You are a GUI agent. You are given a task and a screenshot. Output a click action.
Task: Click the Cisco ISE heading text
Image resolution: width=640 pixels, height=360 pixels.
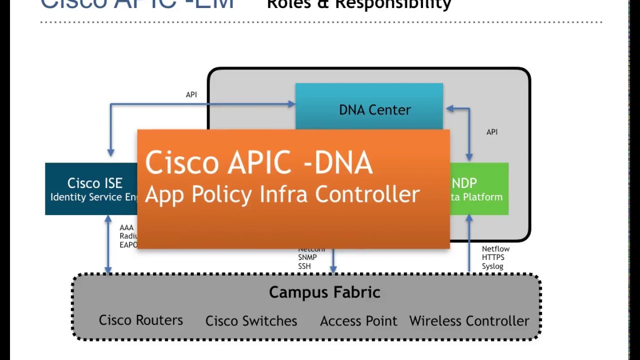coord(94,183)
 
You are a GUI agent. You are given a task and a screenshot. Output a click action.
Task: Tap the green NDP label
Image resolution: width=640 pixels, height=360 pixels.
coord(464,183)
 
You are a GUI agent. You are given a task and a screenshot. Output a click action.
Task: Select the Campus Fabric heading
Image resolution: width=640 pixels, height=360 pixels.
coord(324,292)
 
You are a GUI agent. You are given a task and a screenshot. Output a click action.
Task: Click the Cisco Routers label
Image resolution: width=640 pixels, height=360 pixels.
coord(140,320)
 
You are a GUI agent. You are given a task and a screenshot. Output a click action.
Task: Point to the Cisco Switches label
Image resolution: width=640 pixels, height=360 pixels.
coord(251,321)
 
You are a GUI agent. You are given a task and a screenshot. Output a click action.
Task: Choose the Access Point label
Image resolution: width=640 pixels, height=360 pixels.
coord(358,321)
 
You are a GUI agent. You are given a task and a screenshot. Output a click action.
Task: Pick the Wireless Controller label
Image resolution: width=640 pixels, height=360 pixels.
coord(469,321)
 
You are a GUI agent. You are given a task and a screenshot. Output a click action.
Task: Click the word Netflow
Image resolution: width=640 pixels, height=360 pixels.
coord(495,249)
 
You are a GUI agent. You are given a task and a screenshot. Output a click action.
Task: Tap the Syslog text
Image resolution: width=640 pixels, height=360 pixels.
coord(492,266)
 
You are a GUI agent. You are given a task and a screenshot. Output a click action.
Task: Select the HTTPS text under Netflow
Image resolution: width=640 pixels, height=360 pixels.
coord(493,257)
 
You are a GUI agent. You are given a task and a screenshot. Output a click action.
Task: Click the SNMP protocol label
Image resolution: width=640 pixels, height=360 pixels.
coord(307,257)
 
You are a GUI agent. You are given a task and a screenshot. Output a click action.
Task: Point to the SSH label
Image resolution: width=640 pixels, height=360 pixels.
coord(304,266)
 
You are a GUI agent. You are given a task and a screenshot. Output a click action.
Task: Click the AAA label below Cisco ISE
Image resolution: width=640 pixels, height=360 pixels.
coord(126,228)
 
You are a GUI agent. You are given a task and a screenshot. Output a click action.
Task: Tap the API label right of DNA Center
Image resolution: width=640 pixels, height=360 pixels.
coord(492,132)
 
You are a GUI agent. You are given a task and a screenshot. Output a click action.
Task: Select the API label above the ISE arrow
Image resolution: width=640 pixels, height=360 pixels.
coord(191,94)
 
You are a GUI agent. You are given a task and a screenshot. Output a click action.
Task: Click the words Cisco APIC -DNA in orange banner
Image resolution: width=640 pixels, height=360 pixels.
coord(258,163)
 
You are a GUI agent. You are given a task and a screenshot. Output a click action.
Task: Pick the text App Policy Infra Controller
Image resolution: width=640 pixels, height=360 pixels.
coord(282,194)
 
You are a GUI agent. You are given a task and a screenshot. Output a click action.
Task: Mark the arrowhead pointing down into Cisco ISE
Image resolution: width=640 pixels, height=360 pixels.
coord(110,152)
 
